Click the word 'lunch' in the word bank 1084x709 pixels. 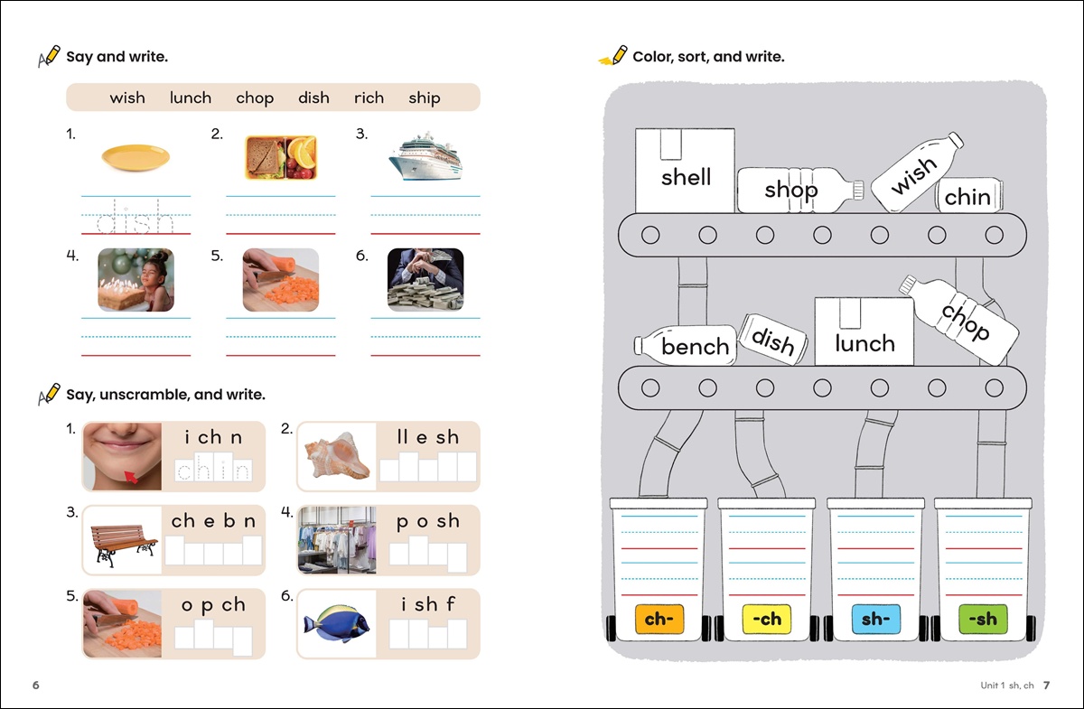pos(191,98)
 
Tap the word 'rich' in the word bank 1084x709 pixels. pos(369,98)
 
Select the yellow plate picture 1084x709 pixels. pos(135,157)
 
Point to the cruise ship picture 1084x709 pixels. pos(425,156)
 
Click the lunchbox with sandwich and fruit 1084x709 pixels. pos(281,157)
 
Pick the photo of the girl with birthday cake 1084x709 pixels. pos(136,280)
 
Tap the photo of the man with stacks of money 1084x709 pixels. pos(425,280)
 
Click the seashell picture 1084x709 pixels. pos(337,456)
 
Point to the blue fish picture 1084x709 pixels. pos(337,623)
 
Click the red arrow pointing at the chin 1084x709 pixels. pos(131,477)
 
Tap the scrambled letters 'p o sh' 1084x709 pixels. pos(428,521)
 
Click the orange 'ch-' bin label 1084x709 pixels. pos(659,619)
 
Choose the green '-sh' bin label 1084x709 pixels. pos(983,619)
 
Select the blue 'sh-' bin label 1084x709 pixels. pos(876,619)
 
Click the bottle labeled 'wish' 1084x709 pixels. pos(917,173)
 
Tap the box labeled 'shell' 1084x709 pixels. pos(685,171)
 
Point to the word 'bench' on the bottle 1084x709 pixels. pos(695,347)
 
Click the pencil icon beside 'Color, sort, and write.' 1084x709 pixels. pos(613,56)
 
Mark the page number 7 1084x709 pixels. pos(1046,686)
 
